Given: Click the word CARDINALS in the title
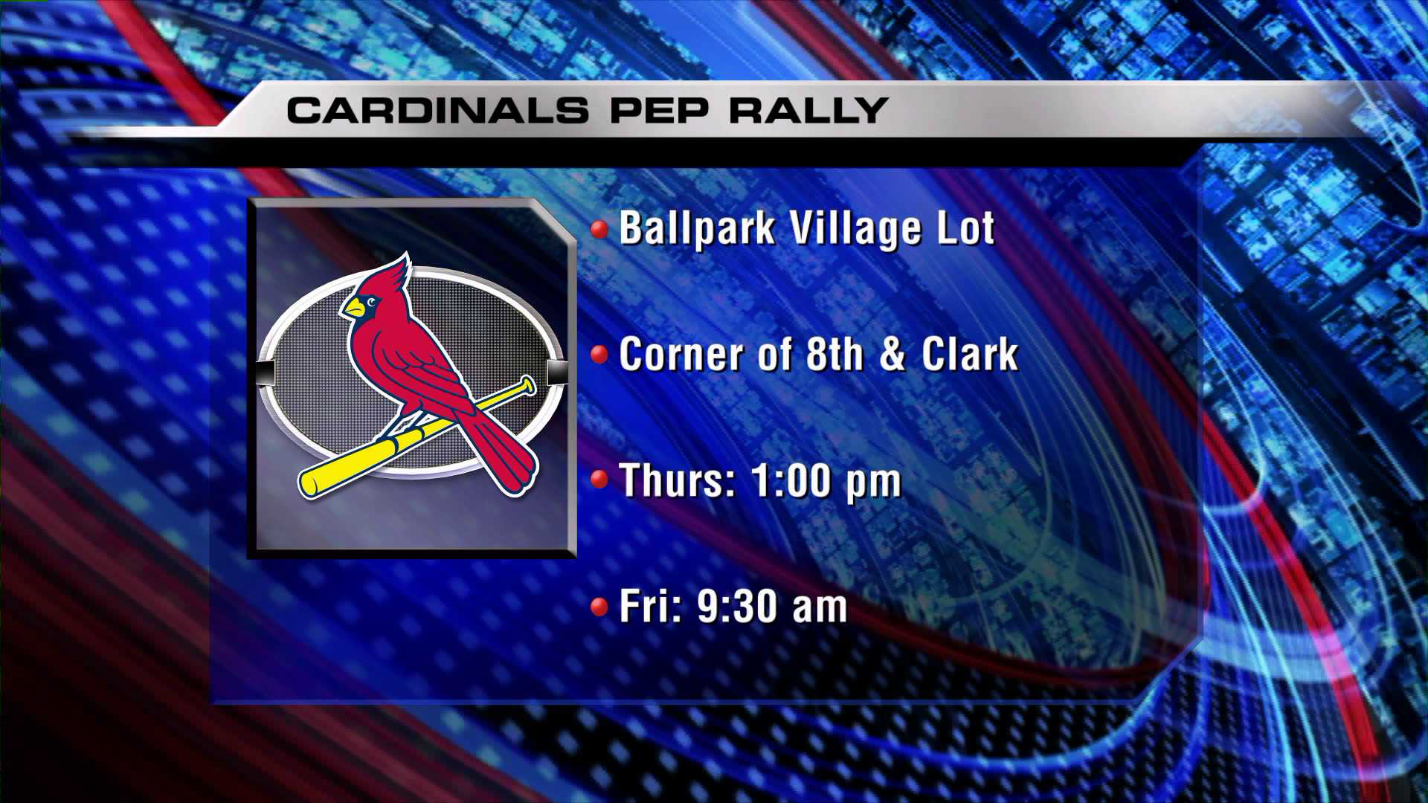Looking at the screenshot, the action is coord(437,110).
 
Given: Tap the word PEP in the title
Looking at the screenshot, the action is coord(658,110).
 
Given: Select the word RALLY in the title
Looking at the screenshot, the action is coord(808,110).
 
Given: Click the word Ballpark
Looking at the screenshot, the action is coord(697,228).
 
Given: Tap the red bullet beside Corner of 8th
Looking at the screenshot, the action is coord(599,354).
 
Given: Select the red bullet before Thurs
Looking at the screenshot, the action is coord(599,480).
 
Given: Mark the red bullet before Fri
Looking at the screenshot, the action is coord(599,607).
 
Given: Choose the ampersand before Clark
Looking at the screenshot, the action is coord(892,355).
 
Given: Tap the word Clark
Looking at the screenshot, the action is coord(970,354).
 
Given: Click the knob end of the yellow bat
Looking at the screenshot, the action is coord(527,385).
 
